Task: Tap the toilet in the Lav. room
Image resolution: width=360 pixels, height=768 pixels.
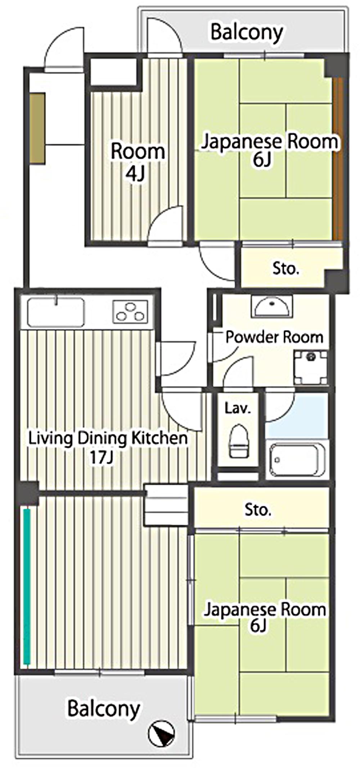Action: point(239,441)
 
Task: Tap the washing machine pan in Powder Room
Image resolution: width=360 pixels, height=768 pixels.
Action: point(310,367)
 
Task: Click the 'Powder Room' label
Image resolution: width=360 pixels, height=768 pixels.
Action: point(274,337)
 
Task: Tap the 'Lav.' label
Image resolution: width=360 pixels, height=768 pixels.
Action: point(237,408)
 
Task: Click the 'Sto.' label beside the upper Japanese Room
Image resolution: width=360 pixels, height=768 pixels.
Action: point(285,268)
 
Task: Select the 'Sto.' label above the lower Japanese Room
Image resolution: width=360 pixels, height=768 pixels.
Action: point(258,510)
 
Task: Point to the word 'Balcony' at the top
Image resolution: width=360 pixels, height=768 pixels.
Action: point(247,32)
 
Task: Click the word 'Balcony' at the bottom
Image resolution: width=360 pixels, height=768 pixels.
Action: point(104,709)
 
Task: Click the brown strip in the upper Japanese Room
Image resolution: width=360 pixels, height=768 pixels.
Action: point(338,158)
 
